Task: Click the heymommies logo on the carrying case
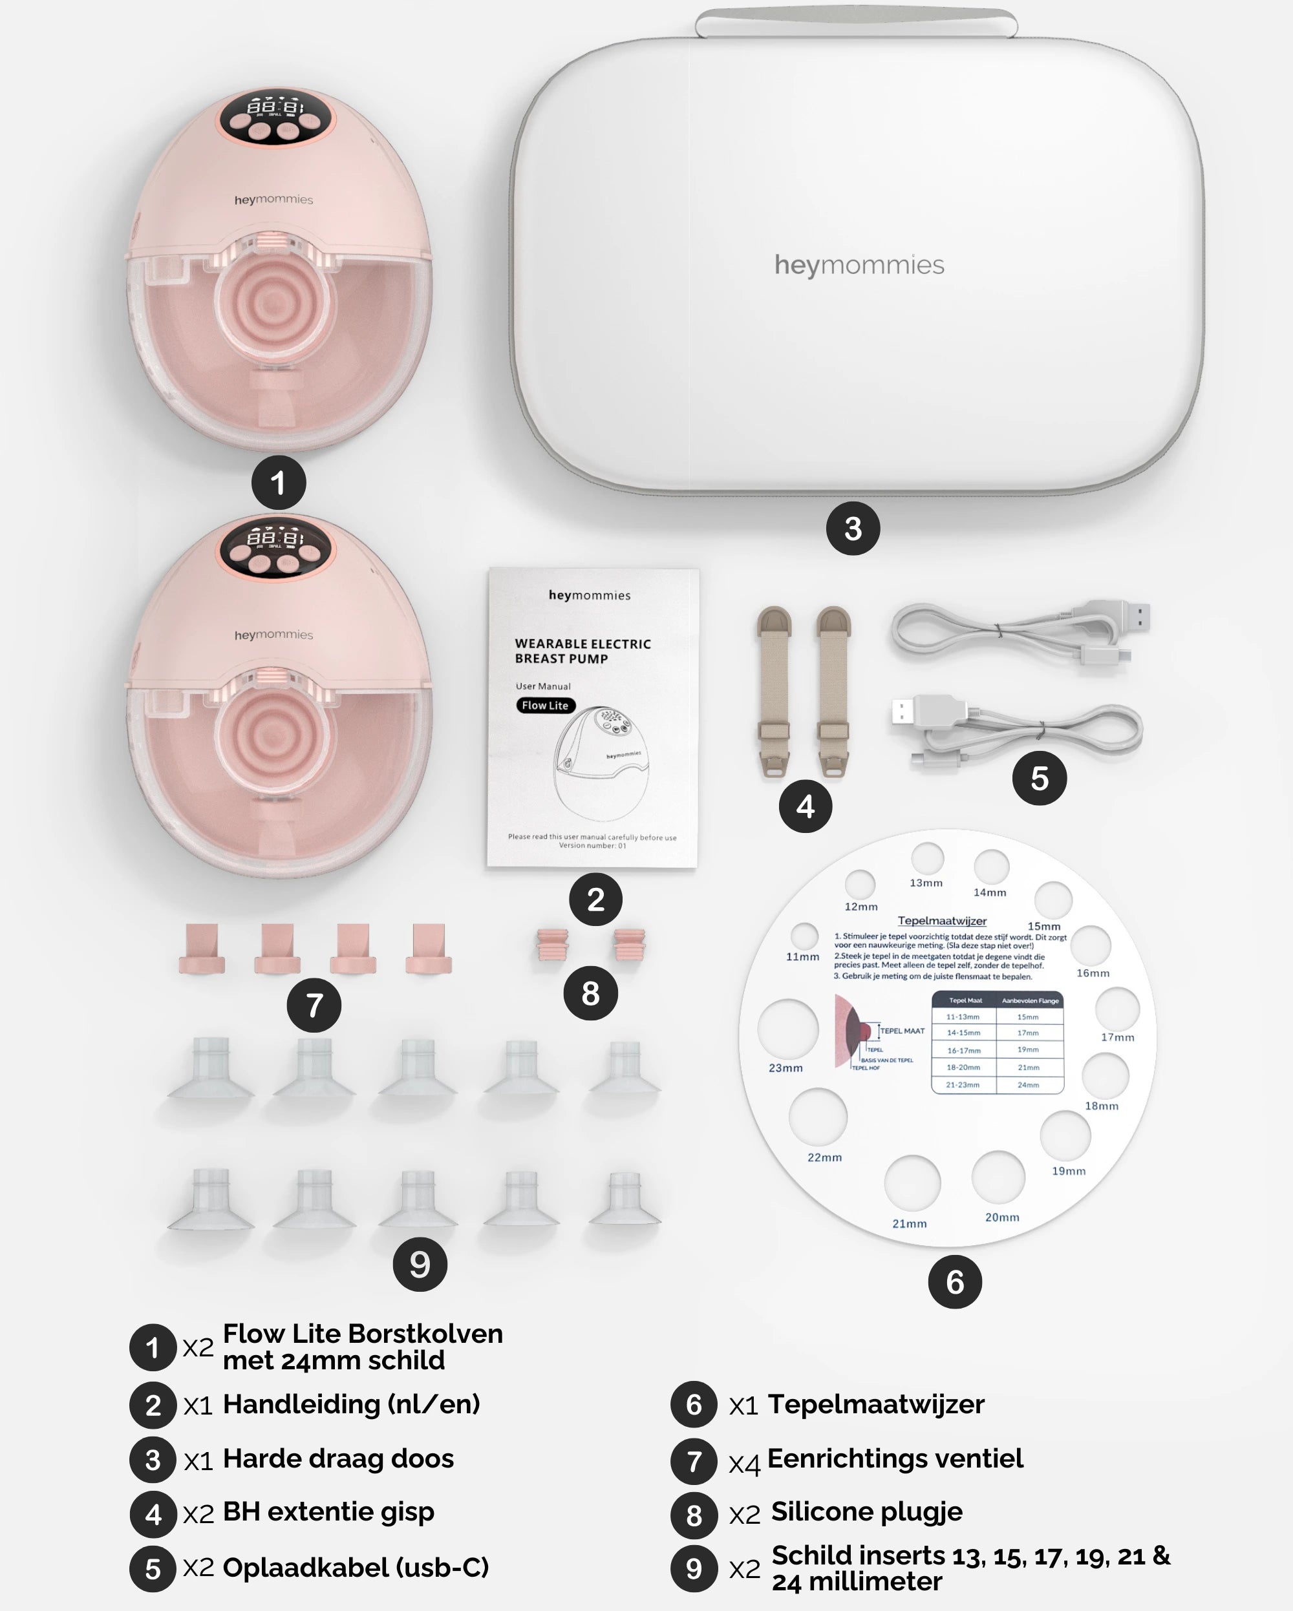pyautogui.click(x=859, y=265)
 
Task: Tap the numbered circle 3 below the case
pyautogui.click(x=853, y=529)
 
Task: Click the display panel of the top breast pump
pyautogui.click(x=276, y=116)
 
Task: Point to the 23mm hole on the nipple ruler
pyautogui.click(x=787, y=1028)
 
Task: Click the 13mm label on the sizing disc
pyautogui.click(x=926, y=883)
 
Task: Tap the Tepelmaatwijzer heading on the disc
pyautogui.click(x=942, y=921)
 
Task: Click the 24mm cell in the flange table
pyautogui.click(x=1029, y=1085)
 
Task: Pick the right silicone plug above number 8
pyautogui.click(x=629, y=946)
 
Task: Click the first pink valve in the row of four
pyautogui.click(x=202, y=948)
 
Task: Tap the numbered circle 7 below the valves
pyautogui.click(x=314, y=1005)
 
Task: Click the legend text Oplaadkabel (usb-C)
pyautogui.click(x=356, y=1567)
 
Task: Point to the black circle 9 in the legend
pyautogui.click(x=694, y=1568)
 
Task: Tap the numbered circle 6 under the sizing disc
pyautogui.click(x=954, y=1281)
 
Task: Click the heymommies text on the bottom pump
pyautogui.click(x=273, y=635)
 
